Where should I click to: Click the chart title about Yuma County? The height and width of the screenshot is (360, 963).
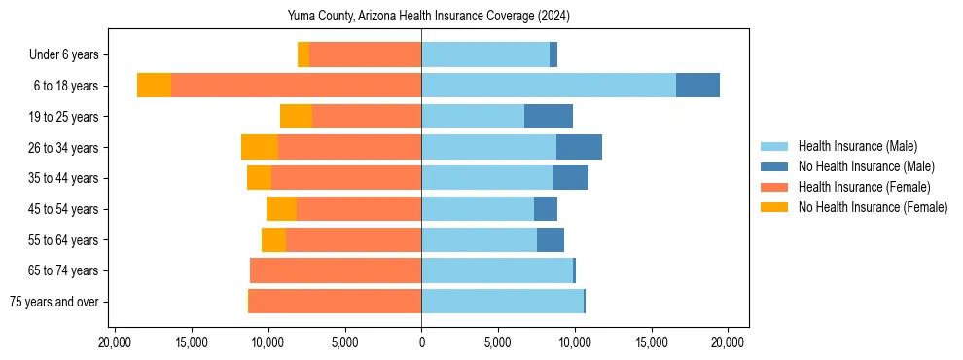[x=428, y=16]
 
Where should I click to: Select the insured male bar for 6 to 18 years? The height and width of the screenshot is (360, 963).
[x=549, y=86]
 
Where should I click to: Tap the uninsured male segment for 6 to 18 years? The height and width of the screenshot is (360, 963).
[x=697, y=86]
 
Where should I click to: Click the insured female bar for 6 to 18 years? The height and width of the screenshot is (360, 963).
[x=296, y=86]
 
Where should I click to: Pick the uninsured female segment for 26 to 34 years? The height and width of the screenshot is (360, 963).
[x=260, y=147]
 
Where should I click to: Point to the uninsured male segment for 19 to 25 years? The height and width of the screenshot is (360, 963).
[x=549, y=117]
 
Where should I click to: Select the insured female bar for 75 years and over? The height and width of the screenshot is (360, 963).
[x=335, y=302]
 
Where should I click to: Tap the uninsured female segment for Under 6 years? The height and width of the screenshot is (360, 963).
[x=303, y=54]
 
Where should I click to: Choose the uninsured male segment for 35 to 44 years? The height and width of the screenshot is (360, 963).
[x=570, y=178]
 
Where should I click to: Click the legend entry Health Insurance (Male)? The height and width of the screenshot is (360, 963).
[x=857, y=146]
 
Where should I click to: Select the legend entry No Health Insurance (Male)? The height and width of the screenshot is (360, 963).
[x=866, y=166]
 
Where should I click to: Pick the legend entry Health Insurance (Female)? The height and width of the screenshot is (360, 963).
[x=864, y=187]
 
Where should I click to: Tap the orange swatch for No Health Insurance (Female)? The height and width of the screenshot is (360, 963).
[x=775, y=207]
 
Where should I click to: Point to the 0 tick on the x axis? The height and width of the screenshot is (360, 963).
[x=421, y=342]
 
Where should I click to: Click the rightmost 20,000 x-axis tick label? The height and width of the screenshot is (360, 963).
[x=728, y=342]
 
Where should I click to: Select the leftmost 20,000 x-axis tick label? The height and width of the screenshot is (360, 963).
[x=115, y=342]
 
